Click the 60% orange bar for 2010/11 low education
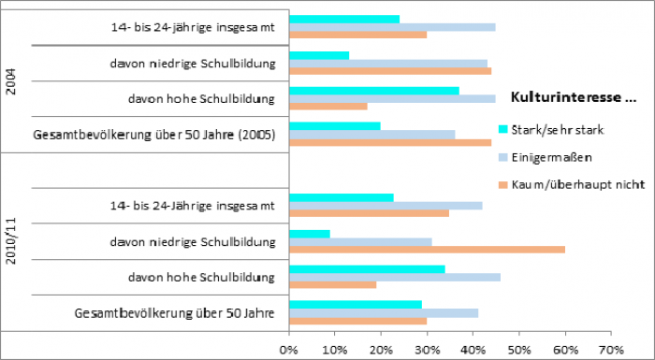(x=427, y=249)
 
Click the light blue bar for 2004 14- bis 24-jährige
(x=392, y=26)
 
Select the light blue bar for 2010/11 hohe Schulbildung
(x=395, y=277)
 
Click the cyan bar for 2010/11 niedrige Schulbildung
(x=310, y=233)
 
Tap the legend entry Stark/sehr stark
(x=560, y=129)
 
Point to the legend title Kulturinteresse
(x=572, y=96)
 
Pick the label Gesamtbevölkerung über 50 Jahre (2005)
(x=153, y=135)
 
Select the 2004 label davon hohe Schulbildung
(x=201, y=98)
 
